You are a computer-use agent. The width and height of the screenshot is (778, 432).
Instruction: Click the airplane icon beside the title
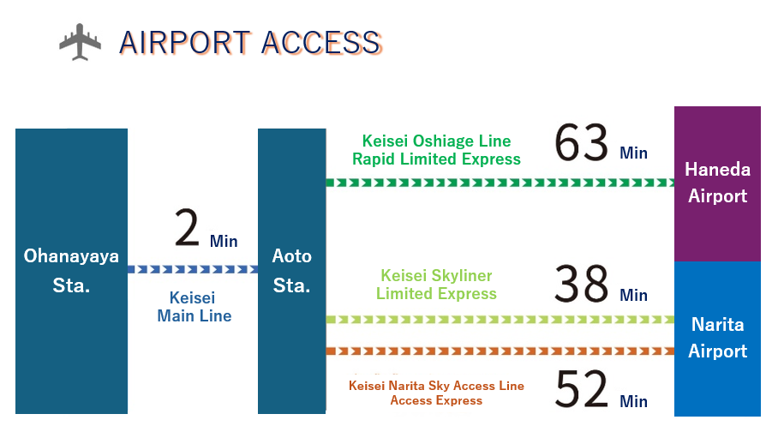pyautogui.click(x=80, y=42)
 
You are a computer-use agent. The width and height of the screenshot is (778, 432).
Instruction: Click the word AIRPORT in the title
pyautogui.click(x=185, y=43)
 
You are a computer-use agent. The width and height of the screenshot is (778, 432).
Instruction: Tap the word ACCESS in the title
pyautogui.click(x=321, y=43)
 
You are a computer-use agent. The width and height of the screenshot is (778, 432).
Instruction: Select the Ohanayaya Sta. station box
pyautogui.click(x=71, y=271)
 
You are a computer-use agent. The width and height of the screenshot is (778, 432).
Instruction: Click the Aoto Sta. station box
pyautogui.click(x=291, y=271)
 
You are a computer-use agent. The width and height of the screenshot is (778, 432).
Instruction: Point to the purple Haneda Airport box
pyautogui.click(x=717, y=183)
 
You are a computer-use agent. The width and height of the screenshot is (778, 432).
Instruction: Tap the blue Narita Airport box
pyautogui.click(x=717, y=339)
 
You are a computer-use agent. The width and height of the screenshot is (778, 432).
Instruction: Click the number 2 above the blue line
pyautogui.click(x=187, y=228)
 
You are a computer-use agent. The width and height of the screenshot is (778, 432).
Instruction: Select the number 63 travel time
pyautogui.click(x=581, y=143)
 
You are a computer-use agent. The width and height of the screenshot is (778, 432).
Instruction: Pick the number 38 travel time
pyautogui.click(x=581, y=284)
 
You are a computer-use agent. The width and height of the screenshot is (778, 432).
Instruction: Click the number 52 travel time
pyautogui.click(x=581, y=389)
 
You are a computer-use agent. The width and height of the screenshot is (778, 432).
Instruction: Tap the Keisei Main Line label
pyautogui.click(x=194, y=307)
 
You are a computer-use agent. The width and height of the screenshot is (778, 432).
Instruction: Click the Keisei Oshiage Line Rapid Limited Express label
pyautogui.click(x=437, y=150)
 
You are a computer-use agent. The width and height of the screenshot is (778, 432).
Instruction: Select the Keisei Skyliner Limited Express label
pyautogui.click(x=437, y=285)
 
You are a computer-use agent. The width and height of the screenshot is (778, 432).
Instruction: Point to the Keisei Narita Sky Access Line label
pyautogui.click(x=437, y=386)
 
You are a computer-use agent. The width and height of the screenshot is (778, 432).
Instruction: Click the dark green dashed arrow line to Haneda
pyautogui.click(x=500, y=183)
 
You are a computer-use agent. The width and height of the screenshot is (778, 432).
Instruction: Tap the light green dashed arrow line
pyautogui.click(x=500, y=319)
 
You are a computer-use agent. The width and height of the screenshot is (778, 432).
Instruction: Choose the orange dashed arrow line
pyautogui.click(x=500, y=351)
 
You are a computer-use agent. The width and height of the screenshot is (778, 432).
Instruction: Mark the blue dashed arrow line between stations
pyautogui.click(x=193, y=270)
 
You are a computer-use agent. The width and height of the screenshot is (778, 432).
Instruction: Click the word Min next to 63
pyautogui.click(x=633, y=153)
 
